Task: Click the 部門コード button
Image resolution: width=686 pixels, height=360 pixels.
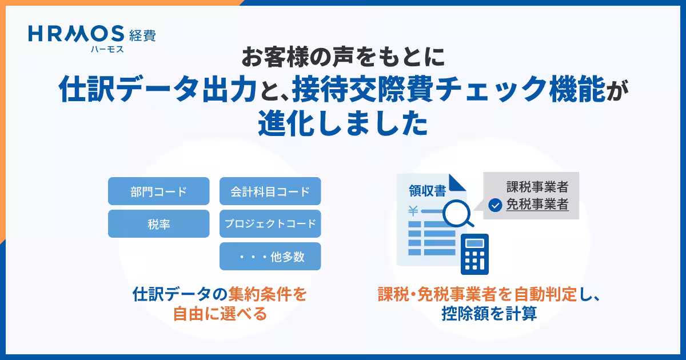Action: point(158,191)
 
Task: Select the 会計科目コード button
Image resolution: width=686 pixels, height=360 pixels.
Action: point(270,191)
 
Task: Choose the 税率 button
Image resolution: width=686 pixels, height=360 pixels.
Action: point(158,224)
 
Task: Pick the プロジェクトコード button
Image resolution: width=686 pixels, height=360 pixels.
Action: point(270,224)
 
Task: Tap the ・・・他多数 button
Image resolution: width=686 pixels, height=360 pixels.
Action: point(270,257)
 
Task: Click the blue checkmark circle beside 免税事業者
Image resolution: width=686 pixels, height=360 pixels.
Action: point(495,205)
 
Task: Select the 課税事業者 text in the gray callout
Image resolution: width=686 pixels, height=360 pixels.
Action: point(537,187)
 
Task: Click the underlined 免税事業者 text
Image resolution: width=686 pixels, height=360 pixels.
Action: point(537,204)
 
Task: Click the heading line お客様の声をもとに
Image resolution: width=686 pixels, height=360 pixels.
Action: point(342,57)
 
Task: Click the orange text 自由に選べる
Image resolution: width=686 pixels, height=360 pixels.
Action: point(220,314)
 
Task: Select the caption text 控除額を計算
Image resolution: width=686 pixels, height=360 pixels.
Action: point(489,314)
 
